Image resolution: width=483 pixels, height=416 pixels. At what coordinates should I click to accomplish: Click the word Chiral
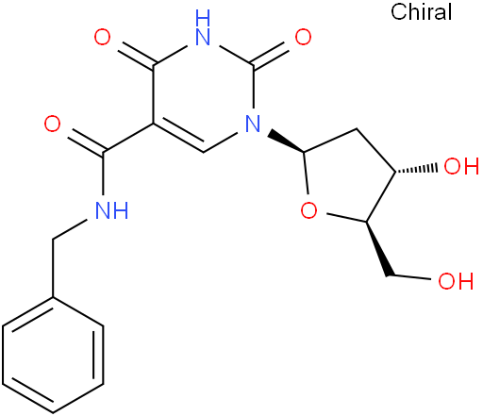coord(421,11)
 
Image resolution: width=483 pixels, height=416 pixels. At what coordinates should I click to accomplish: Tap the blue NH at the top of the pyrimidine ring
coord(203,27)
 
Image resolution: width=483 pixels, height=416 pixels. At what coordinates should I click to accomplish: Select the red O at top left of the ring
coord(103,37)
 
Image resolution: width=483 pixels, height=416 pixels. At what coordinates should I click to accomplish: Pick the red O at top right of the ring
coord(303,37)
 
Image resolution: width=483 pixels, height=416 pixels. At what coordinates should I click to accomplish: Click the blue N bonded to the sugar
coord(253,124)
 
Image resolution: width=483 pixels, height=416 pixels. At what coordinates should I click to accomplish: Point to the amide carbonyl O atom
coord(52,124)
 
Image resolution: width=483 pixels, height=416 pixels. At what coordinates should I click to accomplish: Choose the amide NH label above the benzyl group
coord(111,210)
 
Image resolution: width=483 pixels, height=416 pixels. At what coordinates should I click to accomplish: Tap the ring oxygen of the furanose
coord(308,210)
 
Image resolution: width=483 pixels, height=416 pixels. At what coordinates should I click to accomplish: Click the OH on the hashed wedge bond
coord(461,166)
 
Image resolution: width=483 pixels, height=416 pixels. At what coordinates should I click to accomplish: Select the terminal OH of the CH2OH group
coord(456,281)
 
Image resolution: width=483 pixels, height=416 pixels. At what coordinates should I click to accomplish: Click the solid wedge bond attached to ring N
coord(286,141)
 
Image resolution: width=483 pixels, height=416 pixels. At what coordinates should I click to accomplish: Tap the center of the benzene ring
coord(53,355)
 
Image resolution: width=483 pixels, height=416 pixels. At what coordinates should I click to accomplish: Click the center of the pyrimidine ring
coord(203,94)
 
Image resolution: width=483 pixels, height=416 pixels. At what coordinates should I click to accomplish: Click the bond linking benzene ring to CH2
coord(53,268)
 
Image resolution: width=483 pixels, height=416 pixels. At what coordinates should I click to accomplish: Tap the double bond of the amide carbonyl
coord(87,142)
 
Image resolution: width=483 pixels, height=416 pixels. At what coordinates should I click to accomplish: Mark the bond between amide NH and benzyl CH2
coord(70,230)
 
